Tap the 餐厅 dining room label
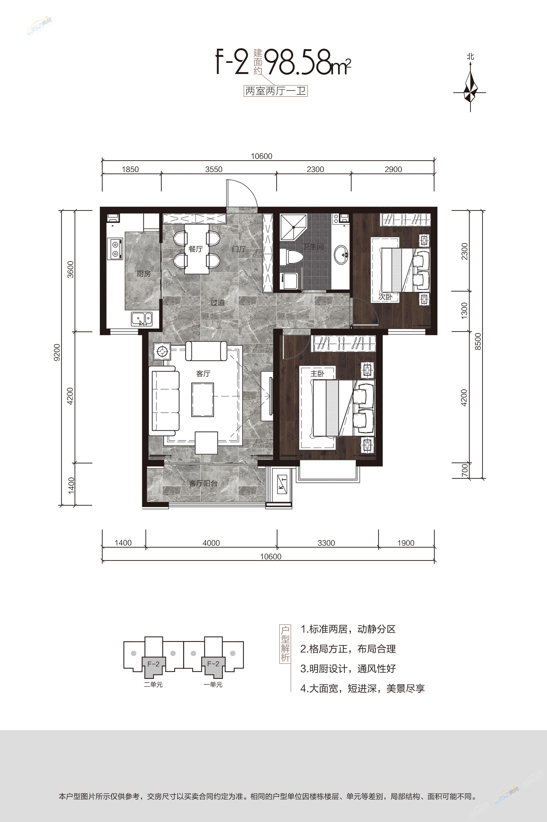pyautogui.click(x=196, y=249)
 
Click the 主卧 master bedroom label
pyautogui.click(x=318, y=373)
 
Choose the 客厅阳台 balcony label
pyautogui.click(x=203, y=483)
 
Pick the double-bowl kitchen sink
pyautogui.click(x=142, y=319)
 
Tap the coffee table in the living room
pyautogui.click(x=202, y=399)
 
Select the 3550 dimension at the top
pyautogui.click(x=214, y=169)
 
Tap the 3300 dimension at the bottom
pyautogui.click(x=326, y=543)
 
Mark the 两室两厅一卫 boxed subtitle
pyautogui.click(x=276, y=92)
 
